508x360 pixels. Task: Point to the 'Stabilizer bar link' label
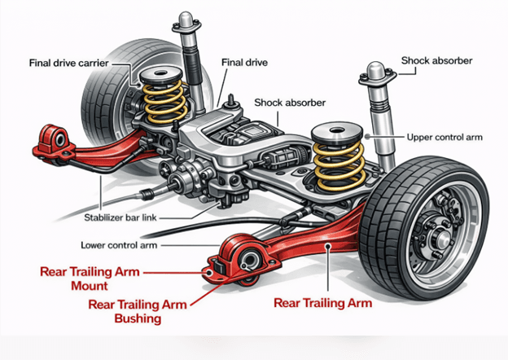tap(136, 217)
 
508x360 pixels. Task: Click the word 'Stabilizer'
tap(115, 217)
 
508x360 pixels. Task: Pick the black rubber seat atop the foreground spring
tap(337, 130)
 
